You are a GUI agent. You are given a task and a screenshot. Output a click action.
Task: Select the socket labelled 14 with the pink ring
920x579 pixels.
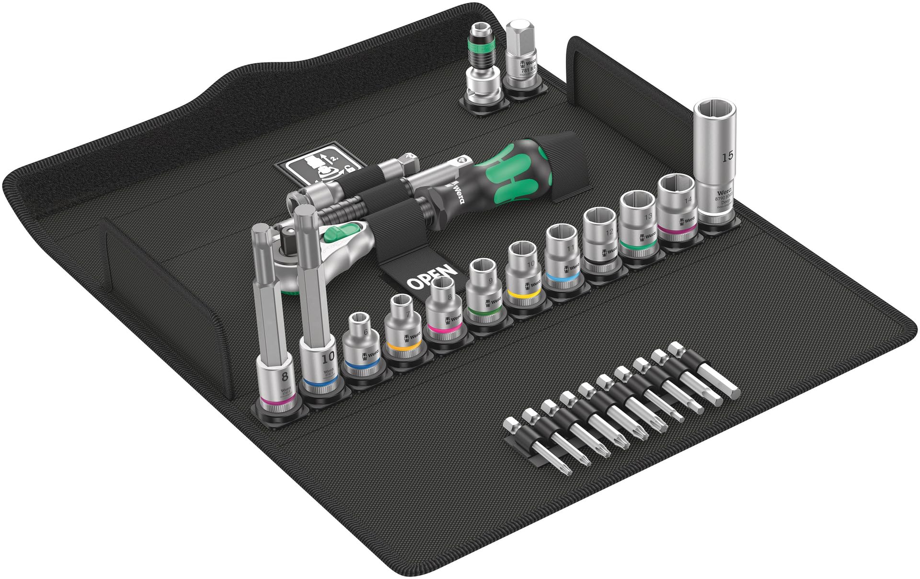pyautogui.click(x=676, y=206)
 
